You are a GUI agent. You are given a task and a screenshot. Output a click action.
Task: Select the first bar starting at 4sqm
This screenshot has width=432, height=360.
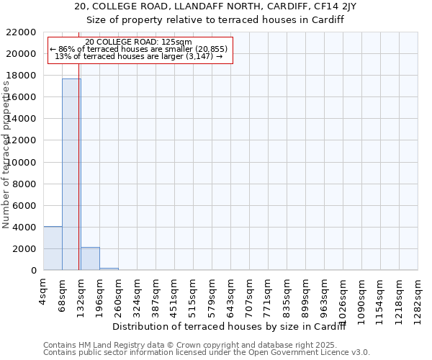[x=53, y=248]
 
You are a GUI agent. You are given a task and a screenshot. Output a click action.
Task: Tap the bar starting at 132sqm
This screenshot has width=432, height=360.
[x=90, y=258]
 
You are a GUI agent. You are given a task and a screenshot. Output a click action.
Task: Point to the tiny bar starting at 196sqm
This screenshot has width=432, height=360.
[x=109, y=269]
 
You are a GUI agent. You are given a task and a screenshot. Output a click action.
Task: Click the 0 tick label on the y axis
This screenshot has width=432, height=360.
[x=34, y=271]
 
